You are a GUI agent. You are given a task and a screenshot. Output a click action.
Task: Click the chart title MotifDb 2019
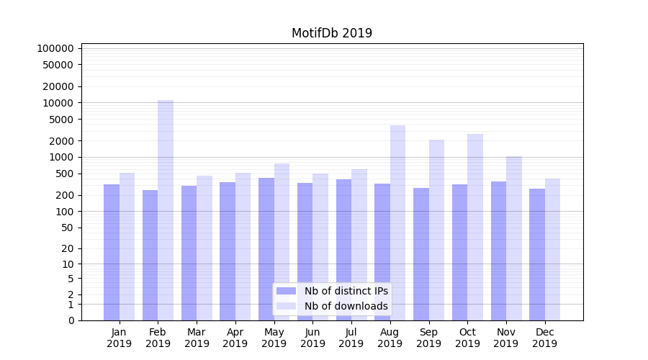[332, 33]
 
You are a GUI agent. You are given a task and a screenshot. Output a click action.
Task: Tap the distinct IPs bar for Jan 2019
[112, 252]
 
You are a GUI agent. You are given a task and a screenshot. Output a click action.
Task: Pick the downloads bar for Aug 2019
[398, 222]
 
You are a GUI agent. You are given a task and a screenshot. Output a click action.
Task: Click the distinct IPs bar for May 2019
[266, 249]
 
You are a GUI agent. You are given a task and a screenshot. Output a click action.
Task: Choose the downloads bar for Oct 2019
[475, 227]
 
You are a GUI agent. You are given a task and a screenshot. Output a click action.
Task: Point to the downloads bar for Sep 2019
[436, 230]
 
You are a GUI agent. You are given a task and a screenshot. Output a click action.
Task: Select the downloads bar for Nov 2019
[514, 238]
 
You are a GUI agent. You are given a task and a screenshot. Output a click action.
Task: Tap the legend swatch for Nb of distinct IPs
[287, 291]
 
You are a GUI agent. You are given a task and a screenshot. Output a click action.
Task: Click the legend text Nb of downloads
[346, 306]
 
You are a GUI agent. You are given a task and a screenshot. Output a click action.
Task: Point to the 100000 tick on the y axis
[55, 48]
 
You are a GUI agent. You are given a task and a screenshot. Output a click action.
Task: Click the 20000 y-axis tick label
[58, 86]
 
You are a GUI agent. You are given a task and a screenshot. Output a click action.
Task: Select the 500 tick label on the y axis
[64, 174]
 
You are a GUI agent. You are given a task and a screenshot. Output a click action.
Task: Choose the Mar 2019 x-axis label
[197, 338]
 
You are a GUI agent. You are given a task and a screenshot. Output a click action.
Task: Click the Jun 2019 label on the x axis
[312, 338]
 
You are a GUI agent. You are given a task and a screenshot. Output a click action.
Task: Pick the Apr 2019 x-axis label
[235, 338]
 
